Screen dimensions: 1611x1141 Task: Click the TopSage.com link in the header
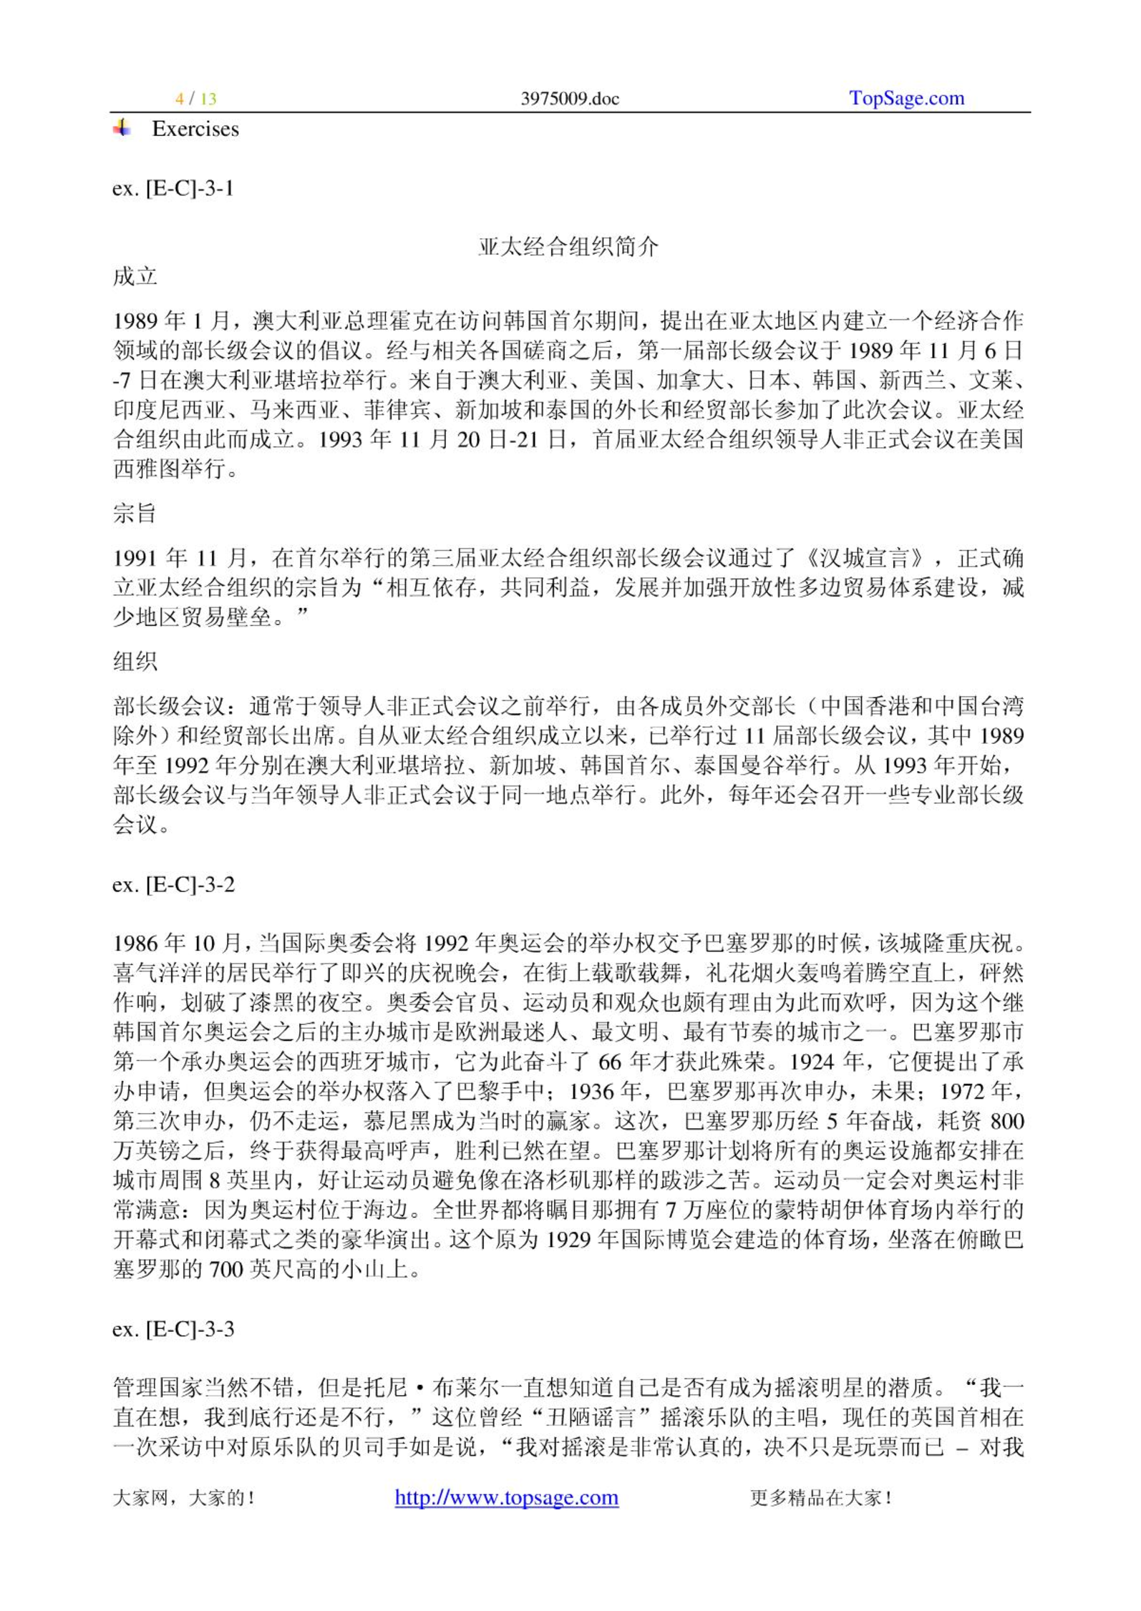pos(906,98)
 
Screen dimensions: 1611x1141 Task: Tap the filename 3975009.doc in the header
pos(569,99)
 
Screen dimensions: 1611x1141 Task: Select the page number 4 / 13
pos(195,99)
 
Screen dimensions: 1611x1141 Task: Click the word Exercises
pos(195,129)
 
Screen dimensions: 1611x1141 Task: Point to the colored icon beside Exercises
pos(122,128)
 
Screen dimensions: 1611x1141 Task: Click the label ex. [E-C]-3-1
pos(173,189)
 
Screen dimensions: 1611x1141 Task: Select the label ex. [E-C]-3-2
pos(173,885)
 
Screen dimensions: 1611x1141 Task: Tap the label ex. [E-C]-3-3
pos(173,1329)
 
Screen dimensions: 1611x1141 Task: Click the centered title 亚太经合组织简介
pos(569,248)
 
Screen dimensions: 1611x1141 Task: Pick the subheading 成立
pos(135,277)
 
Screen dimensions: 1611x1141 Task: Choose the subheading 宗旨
pos(135,514)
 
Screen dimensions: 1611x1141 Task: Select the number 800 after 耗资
pos(1006,1121)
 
